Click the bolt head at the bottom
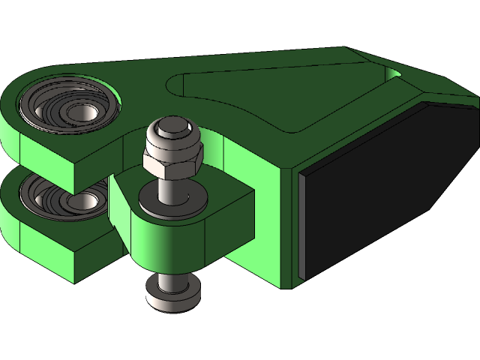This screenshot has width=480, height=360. point(173,293)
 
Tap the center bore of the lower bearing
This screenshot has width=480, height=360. point(83,201)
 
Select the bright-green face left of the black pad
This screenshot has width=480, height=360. point(289,225)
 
